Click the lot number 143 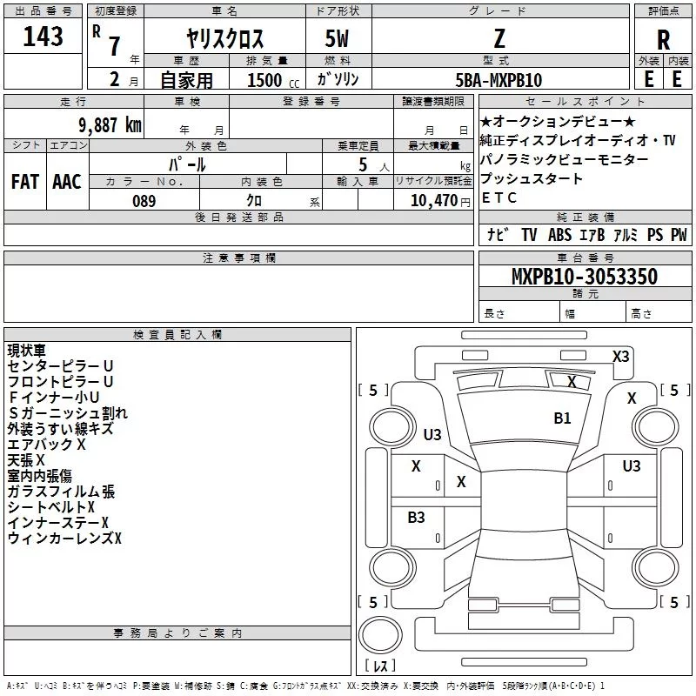(43, 37)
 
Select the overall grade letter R (663, 40)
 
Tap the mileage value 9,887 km (110, 125)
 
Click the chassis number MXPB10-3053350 (584, 276)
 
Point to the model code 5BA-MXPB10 (499, 80)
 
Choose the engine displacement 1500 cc (273, 80)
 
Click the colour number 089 (144, 201)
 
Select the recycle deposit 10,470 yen (440, 201)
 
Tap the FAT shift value (25, 182)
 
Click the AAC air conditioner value (67, 182)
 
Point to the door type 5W (337, 38)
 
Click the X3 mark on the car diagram (620, 357)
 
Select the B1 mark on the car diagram (562, 418)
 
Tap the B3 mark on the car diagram (416, 517)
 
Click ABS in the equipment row (559, 235)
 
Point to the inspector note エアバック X (46, 445)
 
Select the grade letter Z (499, 38)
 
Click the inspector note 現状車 (26, 351)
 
